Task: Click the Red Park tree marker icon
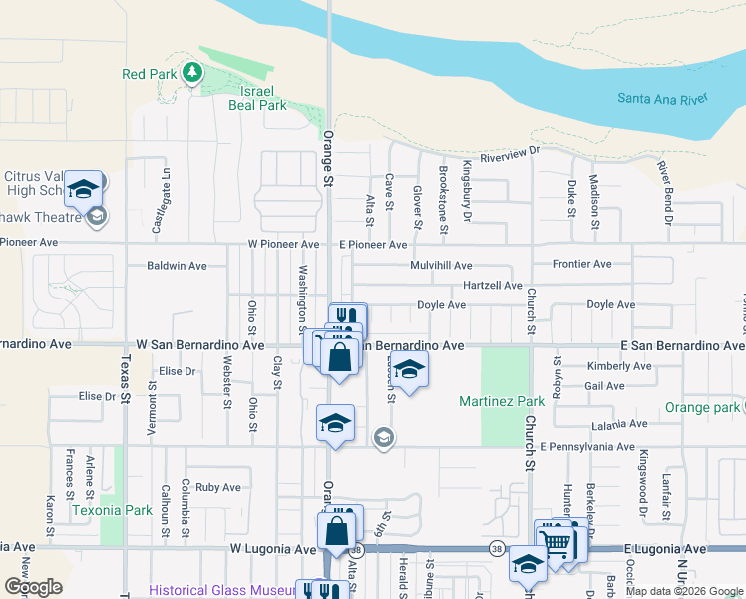[x=191, y=73]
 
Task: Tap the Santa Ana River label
[x=662, y=98]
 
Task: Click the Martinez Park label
[x=502, y=401]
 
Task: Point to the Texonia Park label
[x=112, y=509]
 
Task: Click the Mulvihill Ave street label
[x=441, y=266]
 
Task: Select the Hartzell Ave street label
[x=493, y=286]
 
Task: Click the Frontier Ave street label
[x=582, y=264]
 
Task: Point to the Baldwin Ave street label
[x=177, y=266]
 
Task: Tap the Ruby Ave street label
[x=218, y=488]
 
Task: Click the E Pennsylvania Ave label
[x=587, y=447]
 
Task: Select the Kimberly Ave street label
[x=619, y=366]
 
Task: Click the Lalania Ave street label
[x=619, y=424]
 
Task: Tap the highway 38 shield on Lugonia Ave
[x=497, y=548]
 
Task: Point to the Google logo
[x=33, y=587]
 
